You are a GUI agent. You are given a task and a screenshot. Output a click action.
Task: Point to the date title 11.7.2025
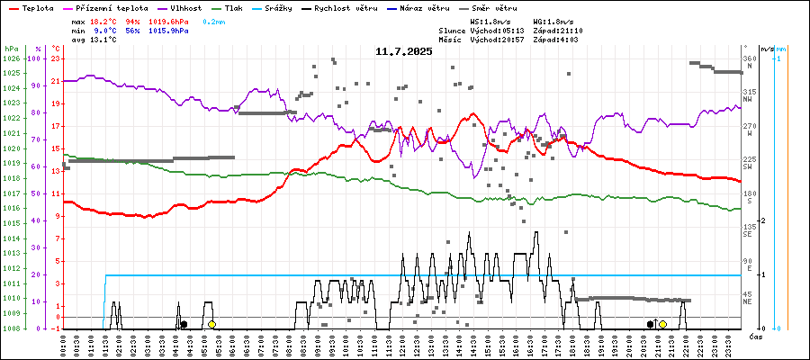[404, 51]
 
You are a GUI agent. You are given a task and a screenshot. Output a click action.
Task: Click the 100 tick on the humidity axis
[35, 58]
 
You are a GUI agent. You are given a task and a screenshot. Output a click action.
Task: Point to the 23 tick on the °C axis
[56, 58]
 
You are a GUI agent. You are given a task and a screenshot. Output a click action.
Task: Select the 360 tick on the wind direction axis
[749, 58]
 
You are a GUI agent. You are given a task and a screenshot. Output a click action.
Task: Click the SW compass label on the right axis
[748, 167]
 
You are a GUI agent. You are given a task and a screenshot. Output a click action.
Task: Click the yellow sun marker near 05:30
[211, 324]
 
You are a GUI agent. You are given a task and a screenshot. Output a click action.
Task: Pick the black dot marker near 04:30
[184, 324]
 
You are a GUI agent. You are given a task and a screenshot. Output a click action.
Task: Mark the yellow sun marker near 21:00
[662, 324]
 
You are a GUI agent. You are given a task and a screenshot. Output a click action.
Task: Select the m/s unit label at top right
[766, 49]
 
